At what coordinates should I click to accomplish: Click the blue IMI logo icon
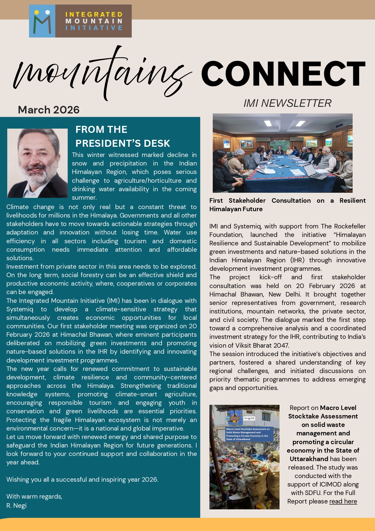(x=42, y=21)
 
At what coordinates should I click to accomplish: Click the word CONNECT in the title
(x=283, y=74)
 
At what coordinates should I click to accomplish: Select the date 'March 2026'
(x=49, y=110)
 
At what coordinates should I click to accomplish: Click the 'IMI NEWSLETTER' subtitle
(x=287, y=103)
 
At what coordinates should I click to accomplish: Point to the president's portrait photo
(x=37, y=163)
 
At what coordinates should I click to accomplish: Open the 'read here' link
(x=343, y=501)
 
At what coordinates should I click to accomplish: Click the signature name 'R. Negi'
(x=17, y=506)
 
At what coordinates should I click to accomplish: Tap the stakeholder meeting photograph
(x=283, y=153)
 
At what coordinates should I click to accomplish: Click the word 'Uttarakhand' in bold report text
(x=309, y=459)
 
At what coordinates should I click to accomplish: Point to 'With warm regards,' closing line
(x=34, y=497)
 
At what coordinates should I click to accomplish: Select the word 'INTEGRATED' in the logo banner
(x=94, y=15)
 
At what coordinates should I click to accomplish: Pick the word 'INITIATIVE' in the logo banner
(x=94, y=28)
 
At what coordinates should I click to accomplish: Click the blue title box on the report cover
(x=249, y=434)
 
